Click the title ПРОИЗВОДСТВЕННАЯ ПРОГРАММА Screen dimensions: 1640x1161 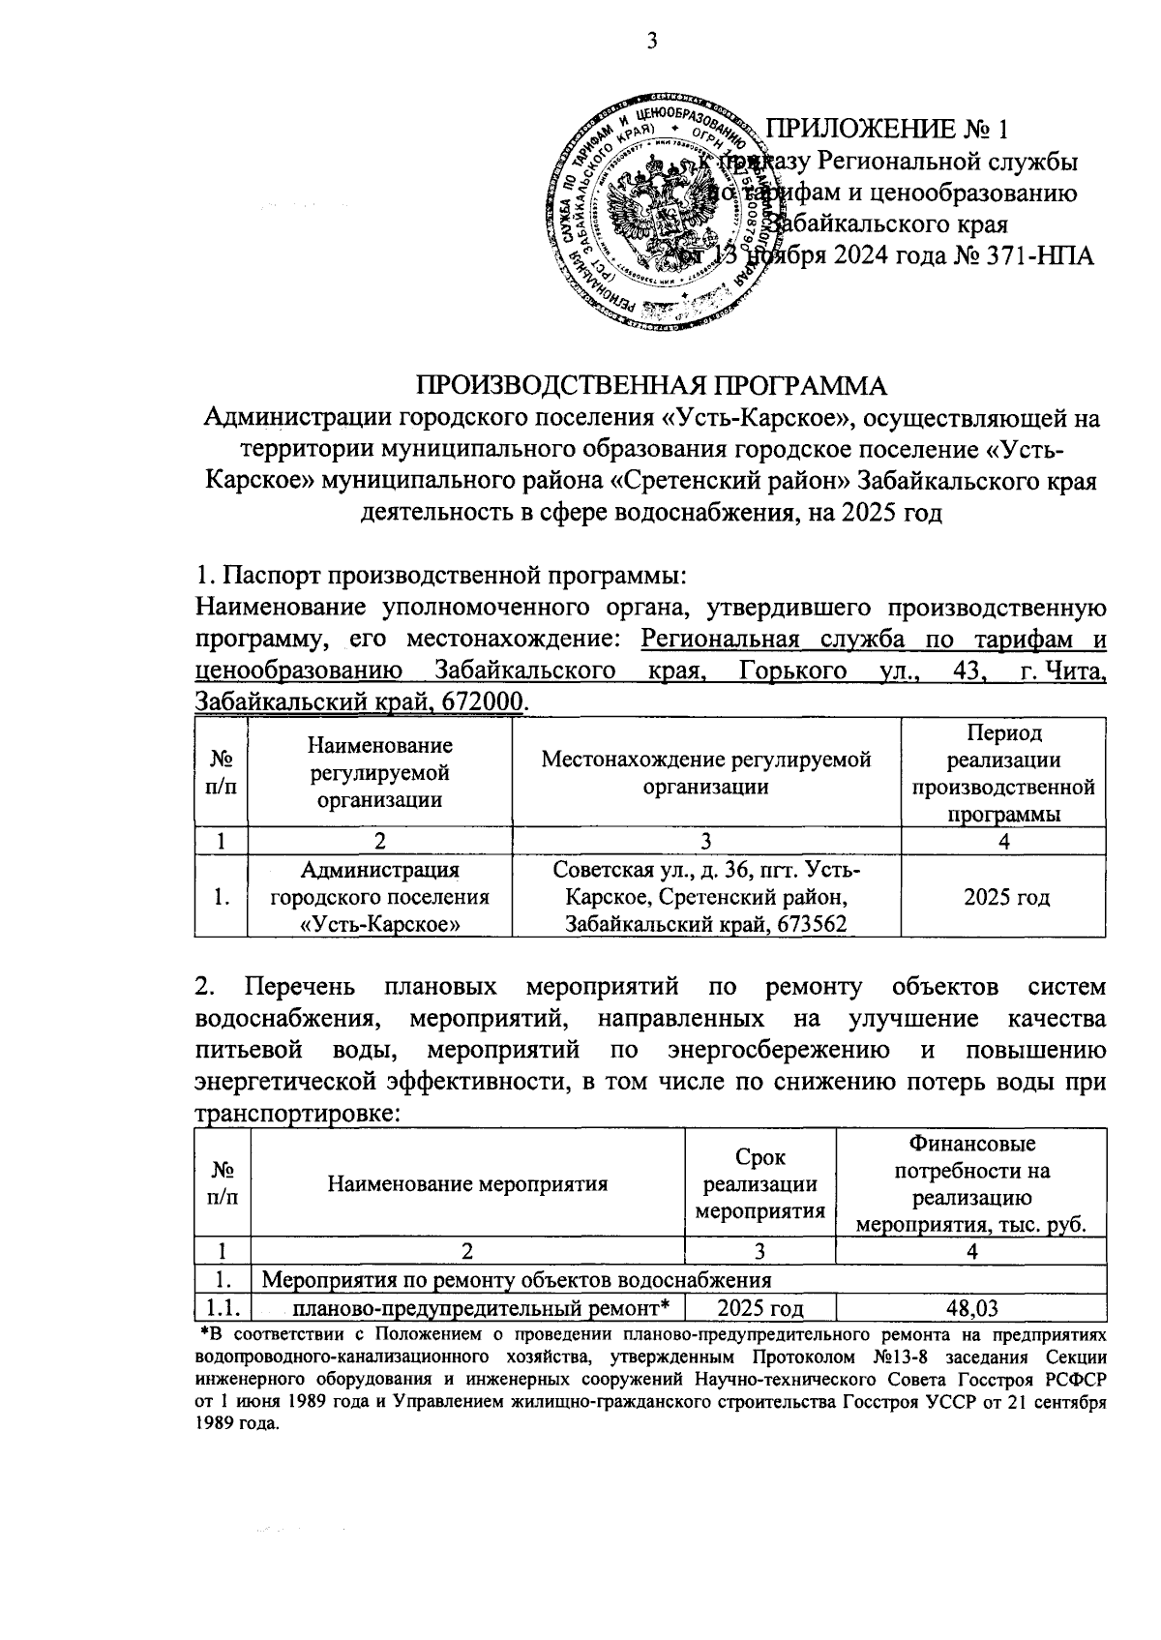tap(651, 385)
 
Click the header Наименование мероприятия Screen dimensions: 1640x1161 tap(467, 1182)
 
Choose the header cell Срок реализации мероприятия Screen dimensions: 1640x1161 tap(760, 1182)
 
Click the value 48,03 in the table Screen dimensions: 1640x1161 tap(971, 1308)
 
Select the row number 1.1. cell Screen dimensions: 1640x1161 tap(223, 1308)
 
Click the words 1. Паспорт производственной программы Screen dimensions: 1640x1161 tap(440, 576)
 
